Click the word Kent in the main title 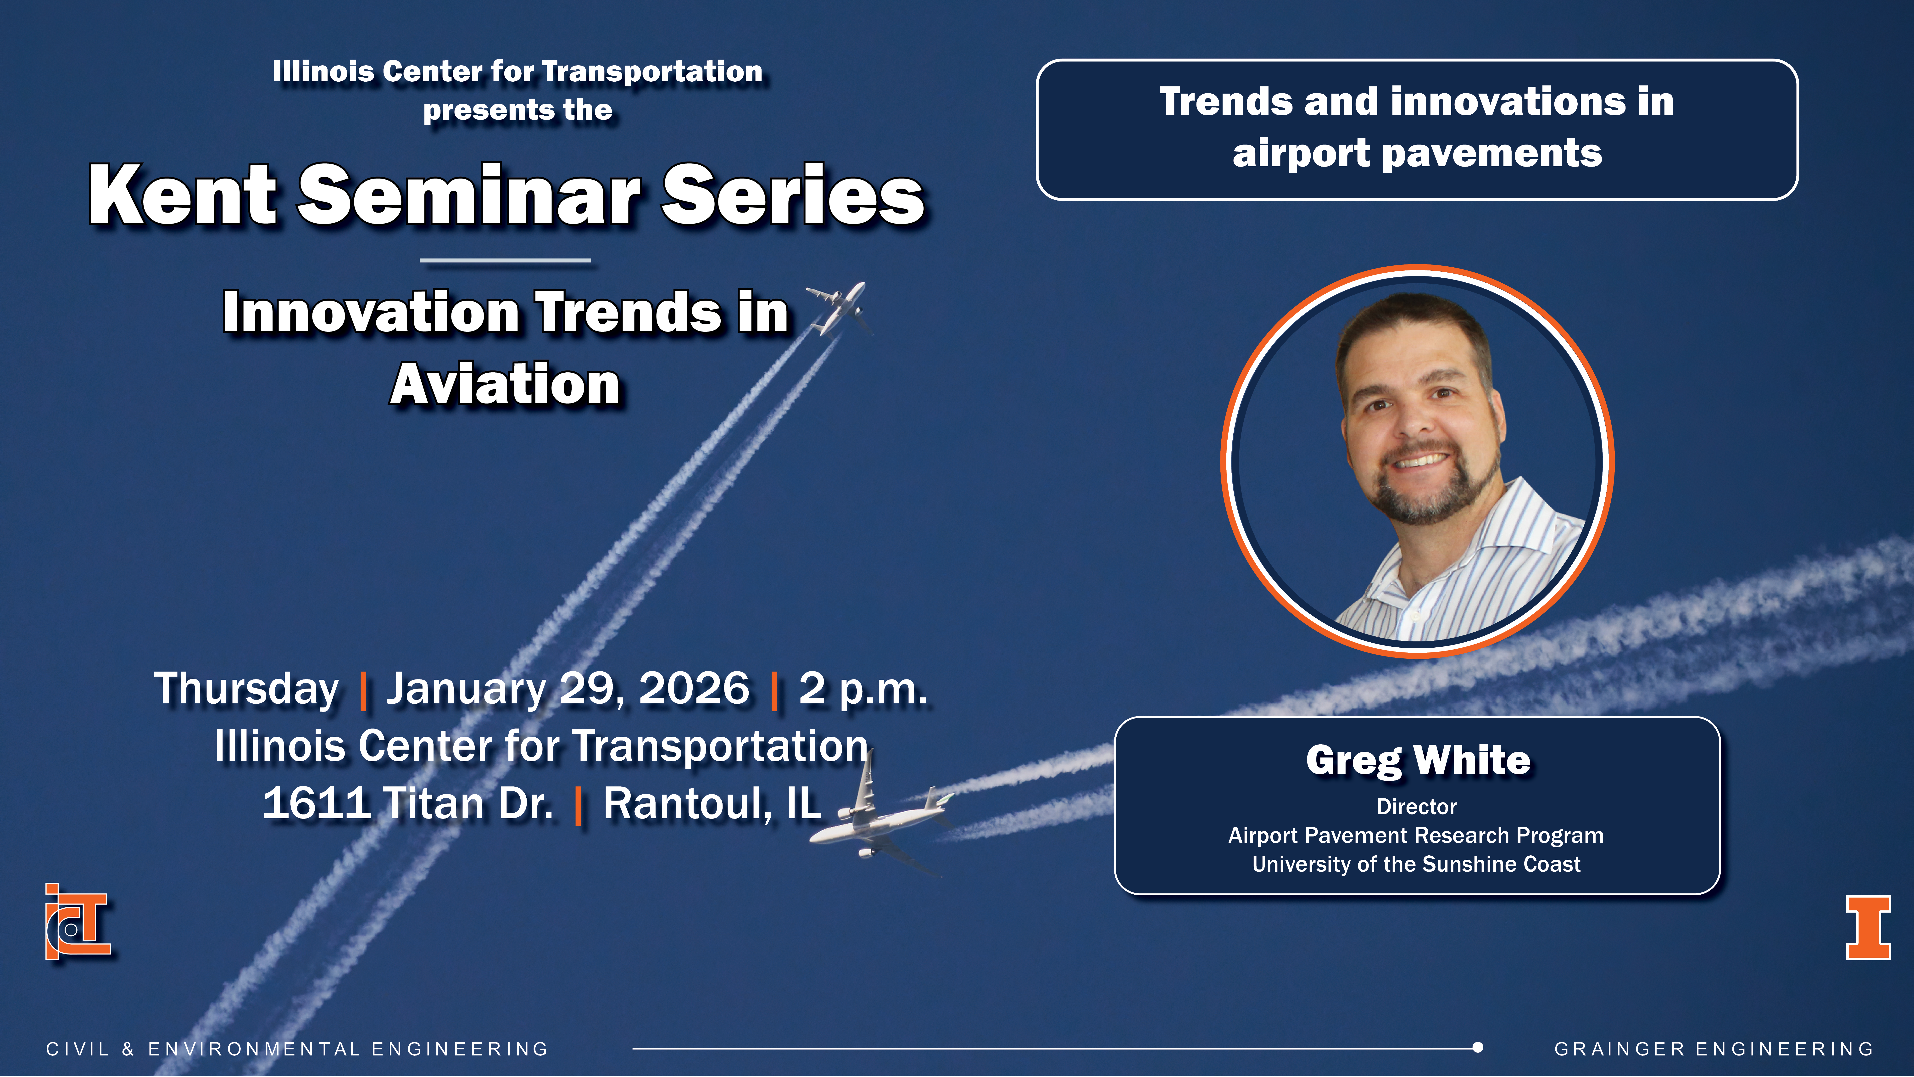click(x=182, y=195)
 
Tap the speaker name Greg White click(x=1418, y=760)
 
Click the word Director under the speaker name click(x=1416, y=807)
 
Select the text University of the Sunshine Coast click(x=1416, y=864)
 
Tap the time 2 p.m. click(x=863, y=689)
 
